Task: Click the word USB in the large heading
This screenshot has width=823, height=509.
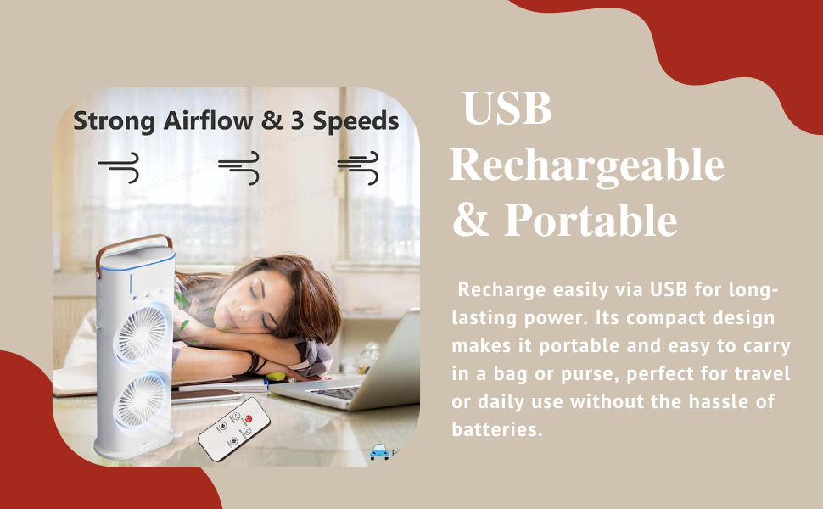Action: (x=507, y=108)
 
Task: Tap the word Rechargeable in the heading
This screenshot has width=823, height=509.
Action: (x=587, y=165)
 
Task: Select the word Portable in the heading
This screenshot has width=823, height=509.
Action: (x=591, y=220)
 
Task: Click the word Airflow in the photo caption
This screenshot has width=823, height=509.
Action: (x=208, y=120)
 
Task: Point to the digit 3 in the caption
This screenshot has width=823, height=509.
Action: (x=298, y=121)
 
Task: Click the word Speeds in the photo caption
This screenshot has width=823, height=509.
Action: (x=356, y=122)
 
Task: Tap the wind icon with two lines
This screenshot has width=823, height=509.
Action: (x=119, y=167)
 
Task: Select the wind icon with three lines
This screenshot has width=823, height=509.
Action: (x=239, y=167)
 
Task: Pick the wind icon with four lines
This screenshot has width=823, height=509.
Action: (x=358, y=167)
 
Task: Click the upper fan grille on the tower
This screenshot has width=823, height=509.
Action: (x=143, y=333)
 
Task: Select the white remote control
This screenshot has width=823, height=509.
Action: (x=234, y=429)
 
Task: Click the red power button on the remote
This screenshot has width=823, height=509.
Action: (x=249, y=419)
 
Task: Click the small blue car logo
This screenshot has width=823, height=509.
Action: (x=379, y=452)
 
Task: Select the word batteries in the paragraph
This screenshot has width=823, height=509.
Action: (x=496, y=429)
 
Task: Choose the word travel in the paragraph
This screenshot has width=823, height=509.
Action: (x=762, y=373)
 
